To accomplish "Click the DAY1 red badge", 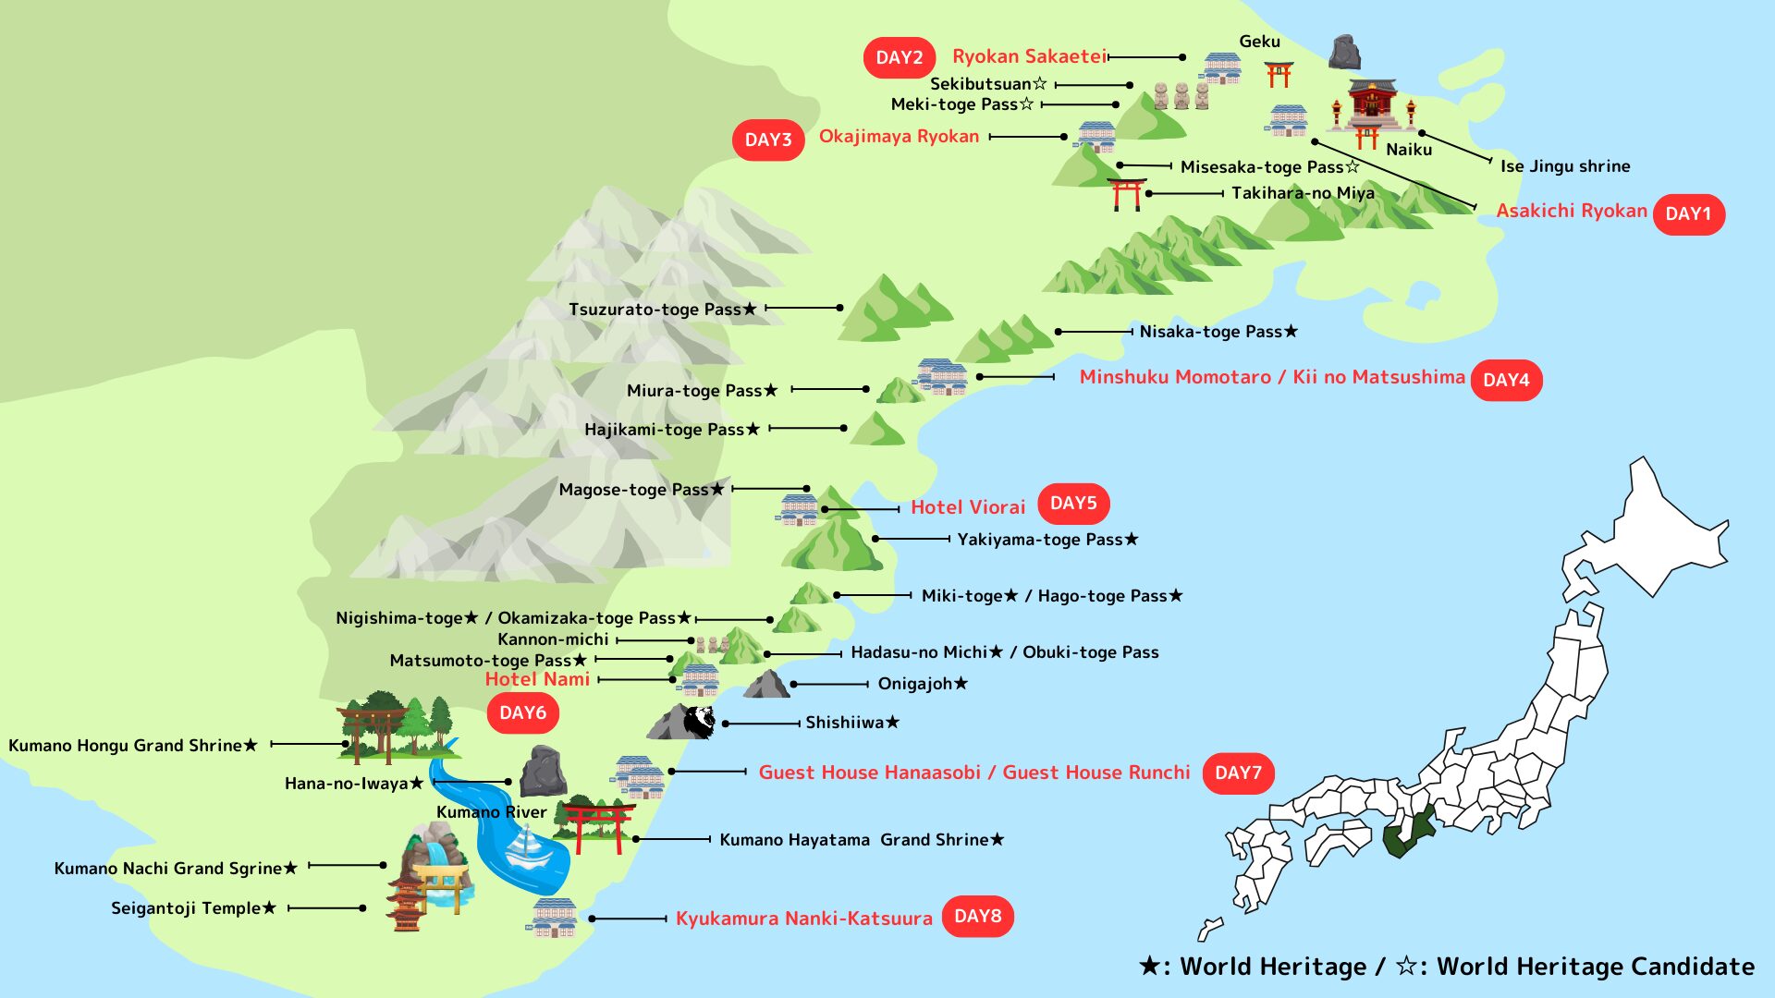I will (1688, 213).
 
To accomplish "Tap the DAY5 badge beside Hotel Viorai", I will (1072, 504).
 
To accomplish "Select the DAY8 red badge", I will (977, 917).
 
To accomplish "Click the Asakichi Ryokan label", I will (1571, 211).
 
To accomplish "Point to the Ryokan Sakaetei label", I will (1029, 56).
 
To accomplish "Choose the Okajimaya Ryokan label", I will (899, 137).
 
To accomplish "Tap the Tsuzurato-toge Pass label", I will (662, 309).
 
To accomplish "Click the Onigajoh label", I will (923, 684).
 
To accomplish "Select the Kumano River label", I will (491, 812).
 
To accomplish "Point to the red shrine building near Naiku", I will (1372, 104).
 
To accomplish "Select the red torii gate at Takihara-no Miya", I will (1126, 194).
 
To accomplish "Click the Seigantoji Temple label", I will (193, 908).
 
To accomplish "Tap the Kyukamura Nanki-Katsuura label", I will (803, 919).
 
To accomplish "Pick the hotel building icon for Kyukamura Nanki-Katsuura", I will (555, 917).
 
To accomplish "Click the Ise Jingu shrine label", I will (1564, 166).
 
